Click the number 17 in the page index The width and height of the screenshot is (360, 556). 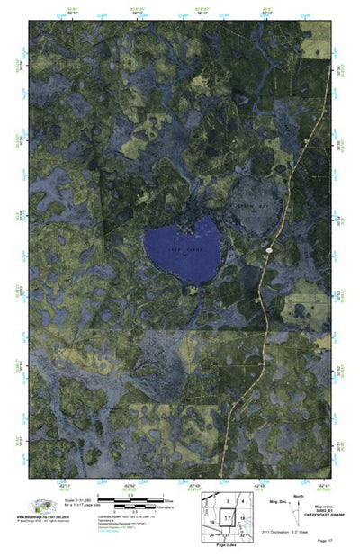pyautogui.click(x=228, y=518)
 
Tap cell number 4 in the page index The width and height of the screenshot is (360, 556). pyautogui.click(x=243, y=501)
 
